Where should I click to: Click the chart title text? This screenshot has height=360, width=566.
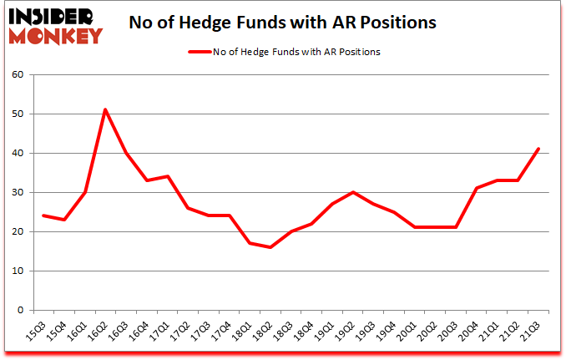282,23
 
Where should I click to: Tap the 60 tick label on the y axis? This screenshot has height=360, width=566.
18,75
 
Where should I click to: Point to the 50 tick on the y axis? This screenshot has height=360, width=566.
18,114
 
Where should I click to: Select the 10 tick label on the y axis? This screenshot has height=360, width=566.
18,271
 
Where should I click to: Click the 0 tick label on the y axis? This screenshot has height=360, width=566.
21,311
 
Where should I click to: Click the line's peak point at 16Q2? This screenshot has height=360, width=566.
105,109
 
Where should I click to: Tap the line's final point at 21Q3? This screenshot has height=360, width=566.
538,149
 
